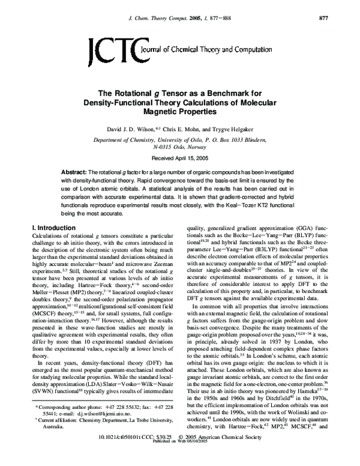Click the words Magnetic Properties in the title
tap(180, 111)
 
